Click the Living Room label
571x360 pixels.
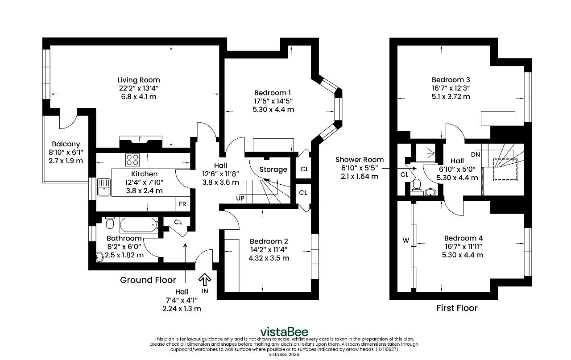tap(139, 80)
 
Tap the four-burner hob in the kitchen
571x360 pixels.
tap(132, 160)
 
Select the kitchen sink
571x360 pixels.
tap(104, 187)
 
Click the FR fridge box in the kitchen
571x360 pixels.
tap(182, 204)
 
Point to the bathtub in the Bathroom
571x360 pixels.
tap(139, 225)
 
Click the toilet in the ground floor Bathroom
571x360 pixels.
tap(110, 223)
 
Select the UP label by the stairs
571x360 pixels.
tap(240, 199)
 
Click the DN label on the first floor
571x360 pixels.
tap(476, 154)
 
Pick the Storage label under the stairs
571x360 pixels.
tap(273, 170)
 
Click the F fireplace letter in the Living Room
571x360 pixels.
tap(140, 139)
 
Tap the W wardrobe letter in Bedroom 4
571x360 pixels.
tap(405, 240)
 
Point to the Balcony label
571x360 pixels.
tap(66, 144)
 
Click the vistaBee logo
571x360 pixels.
tap(284, 332)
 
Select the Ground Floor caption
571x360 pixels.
tap(148, 280)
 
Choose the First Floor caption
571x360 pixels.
tap(457, 308)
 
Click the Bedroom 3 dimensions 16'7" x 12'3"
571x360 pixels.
tap(451, 88)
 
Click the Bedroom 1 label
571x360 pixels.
tap(272, 93)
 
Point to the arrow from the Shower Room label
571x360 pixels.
tap(399, 169)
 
